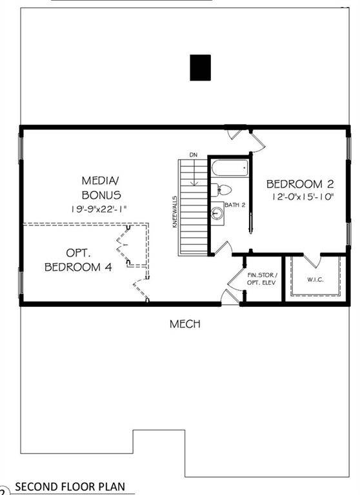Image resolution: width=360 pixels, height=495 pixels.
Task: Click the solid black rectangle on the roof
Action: point(200,68)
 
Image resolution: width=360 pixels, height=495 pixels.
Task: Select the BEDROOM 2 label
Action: point(300,184)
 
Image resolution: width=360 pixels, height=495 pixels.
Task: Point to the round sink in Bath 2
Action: point(217,213)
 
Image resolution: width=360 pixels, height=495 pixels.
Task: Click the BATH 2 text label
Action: point(235,205)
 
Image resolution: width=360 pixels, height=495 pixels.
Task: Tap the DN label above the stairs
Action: point(193,155)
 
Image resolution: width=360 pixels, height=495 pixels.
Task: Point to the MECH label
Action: point(185,324)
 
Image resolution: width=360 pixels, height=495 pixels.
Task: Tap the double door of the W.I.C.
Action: point(313,261)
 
